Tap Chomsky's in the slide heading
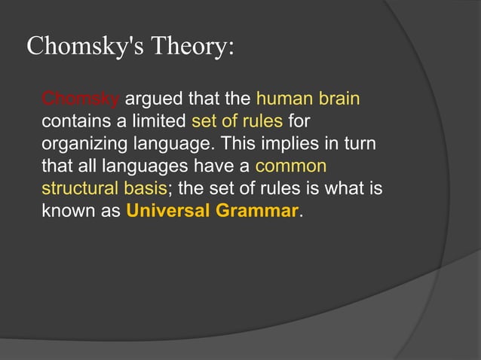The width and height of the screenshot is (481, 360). pos(84,47)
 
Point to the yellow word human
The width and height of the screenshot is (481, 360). pos(283,99)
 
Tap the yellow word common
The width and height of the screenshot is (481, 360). pos(291,166)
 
